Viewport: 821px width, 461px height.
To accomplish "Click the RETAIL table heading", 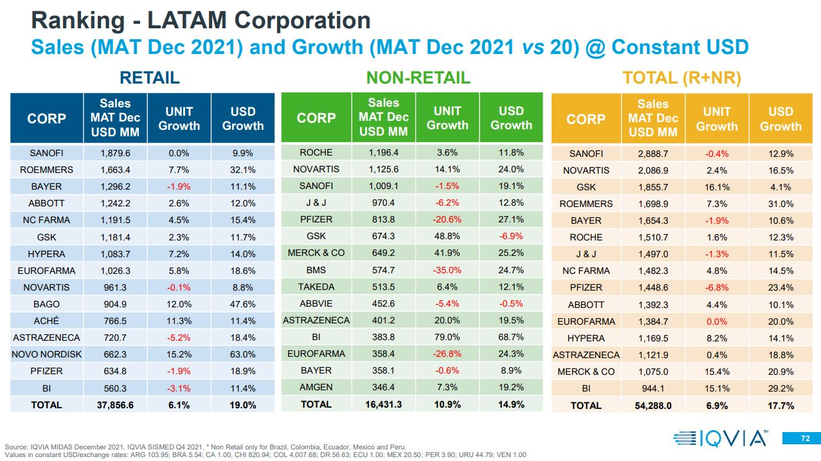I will pos(150,78).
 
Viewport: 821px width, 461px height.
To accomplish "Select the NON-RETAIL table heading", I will pos(418,78).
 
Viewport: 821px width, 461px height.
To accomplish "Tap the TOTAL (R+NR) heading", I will pos(681,78).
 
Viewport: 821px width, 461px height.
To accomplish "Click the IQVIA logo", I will pos(720,439).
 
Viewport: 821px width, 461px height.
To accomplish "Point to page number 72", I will pos(806,439).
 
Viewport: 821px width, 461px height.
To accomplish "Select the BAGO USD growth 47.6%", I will pos(243,304).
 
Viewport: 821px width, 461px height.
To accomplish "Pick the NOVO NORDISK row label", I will pos(46,354).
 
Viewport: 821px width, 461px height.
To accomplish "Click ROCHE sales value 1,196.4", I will pos(383,152).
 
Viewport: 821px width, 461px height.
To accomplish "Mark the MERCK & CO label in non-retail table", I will pos(316,253).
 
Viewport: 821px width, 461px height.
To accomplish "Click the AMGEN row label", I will pos(316,387).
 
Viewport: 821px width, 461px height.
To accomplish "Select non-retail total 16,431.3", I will pos(383,404).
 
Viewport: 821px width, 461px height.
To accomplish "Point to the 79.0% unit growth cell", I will pos(447,337).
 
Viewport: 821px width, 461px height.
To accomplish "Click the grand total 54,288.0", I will pos(653,405).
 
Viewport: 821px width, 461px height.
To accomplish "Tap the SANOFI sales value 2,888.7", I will pos(653,154).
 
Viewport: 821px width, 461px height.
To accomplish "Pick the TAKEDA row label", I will pos(316,287).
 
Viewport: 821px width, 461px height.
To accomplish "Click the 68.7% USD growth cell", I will pos(511,337).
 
